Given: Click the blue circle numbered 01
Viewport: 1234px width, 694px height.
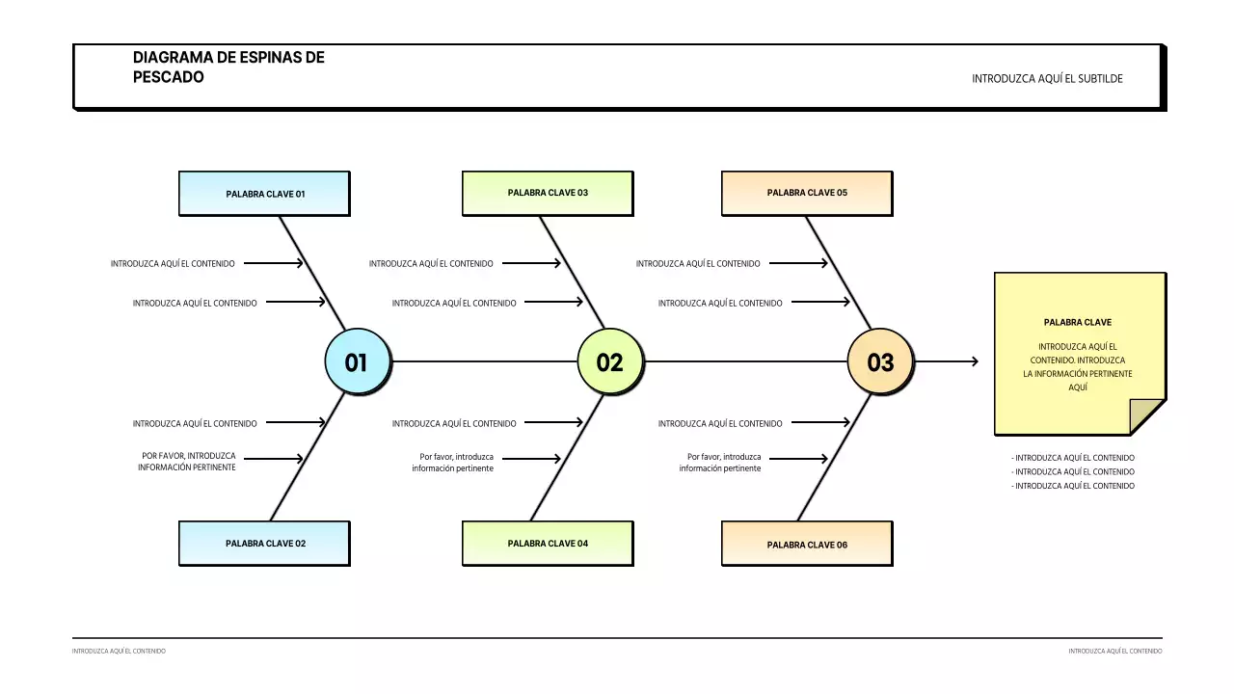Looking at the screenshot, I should [x=357, y=362].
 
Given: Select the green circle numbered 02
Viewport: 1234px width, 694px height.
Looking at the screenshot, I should [x=609, y=362].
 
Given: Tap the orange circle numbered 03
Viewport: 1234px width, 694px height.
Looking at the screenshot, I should [x=880, y=362].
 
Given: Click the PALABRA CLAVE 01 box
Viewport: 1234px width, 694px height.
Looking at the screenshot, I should [x=264, y=194].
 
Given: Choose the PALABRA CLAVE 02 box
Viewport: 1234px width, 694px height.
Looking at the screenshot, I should [x=264, y=544].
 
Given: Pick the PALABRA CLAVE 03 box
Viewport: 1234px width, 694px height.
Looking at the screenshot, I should [x=548, y=193].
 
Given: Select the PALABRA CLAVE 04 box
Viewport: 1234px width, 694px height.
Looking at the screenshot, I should [x=548, y=544].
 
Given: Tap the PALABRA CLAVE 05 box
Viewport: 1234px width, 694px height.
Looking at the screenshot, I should [x=807, y=193].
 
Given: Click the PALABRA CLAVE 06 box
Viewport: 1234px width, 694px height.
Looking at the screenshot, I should [x=807, y=545].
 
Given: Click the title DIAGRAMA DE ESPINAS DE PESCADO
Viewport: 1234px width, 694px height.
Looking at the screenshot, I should [x=228, y=67].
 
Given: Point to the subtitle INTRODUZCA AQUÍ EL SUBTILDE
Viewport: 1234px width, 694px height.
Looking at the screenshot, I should [x=1047, y=79].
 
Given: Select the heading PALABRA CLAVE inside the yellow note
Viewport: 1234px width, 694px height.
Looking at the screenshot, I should [x=1077, y=323].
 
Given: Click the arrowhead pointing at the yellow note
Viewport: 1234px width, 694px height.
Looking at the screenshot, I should [x=975, y=361].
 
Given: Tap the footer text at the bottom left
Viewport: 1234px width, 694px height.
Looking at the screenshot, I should [x=119, y=652].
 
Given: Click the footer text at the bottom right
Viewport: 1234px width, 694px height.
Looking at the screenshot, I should [x=1114, y=652].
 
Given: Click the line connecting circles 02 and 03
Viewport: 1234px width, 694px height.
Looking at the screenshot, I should [x=744, y=361].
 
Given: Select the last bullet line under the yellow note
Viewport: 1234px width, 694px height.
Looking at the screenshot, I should [x=1073, y=487].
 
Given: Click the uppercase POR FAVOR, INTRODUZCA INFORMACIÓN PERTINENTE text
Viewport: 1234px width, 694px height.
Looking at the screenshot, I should [x=188, y=462].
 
